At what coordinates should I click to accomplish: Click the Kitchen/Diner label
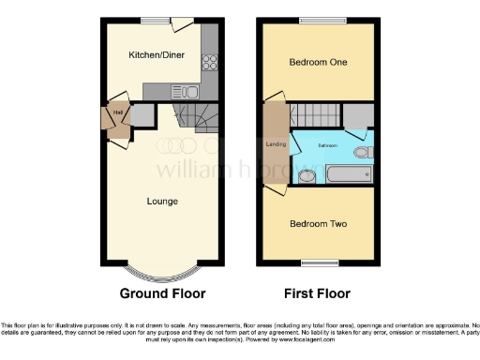coord(157,55)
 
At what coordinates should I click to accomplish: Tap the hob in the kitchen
coord(207,64)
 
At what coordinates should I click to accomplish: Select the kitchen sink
coord(186,91)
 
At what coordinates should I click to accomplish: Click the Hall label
coord(118,113)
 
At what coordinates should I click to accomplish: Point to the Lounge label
coord(162,201)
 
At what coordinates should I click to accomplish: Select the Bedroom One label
coord(318,63)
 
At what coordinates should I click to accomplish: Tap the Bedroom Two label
coord(318,224)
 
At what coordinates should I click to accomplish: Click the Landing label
coord(276,143)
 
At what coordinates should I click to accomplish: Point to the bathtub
coord(346,173)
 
